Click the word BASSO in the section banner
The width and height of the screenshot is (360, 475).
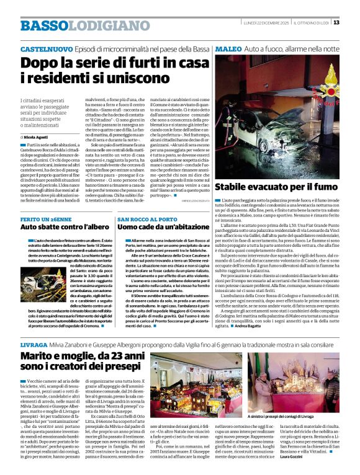pyautogui.click(x=42, y=25)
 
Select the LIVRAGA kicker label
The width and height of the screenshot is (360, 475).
pyautogui.click(x=34, y=342)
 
